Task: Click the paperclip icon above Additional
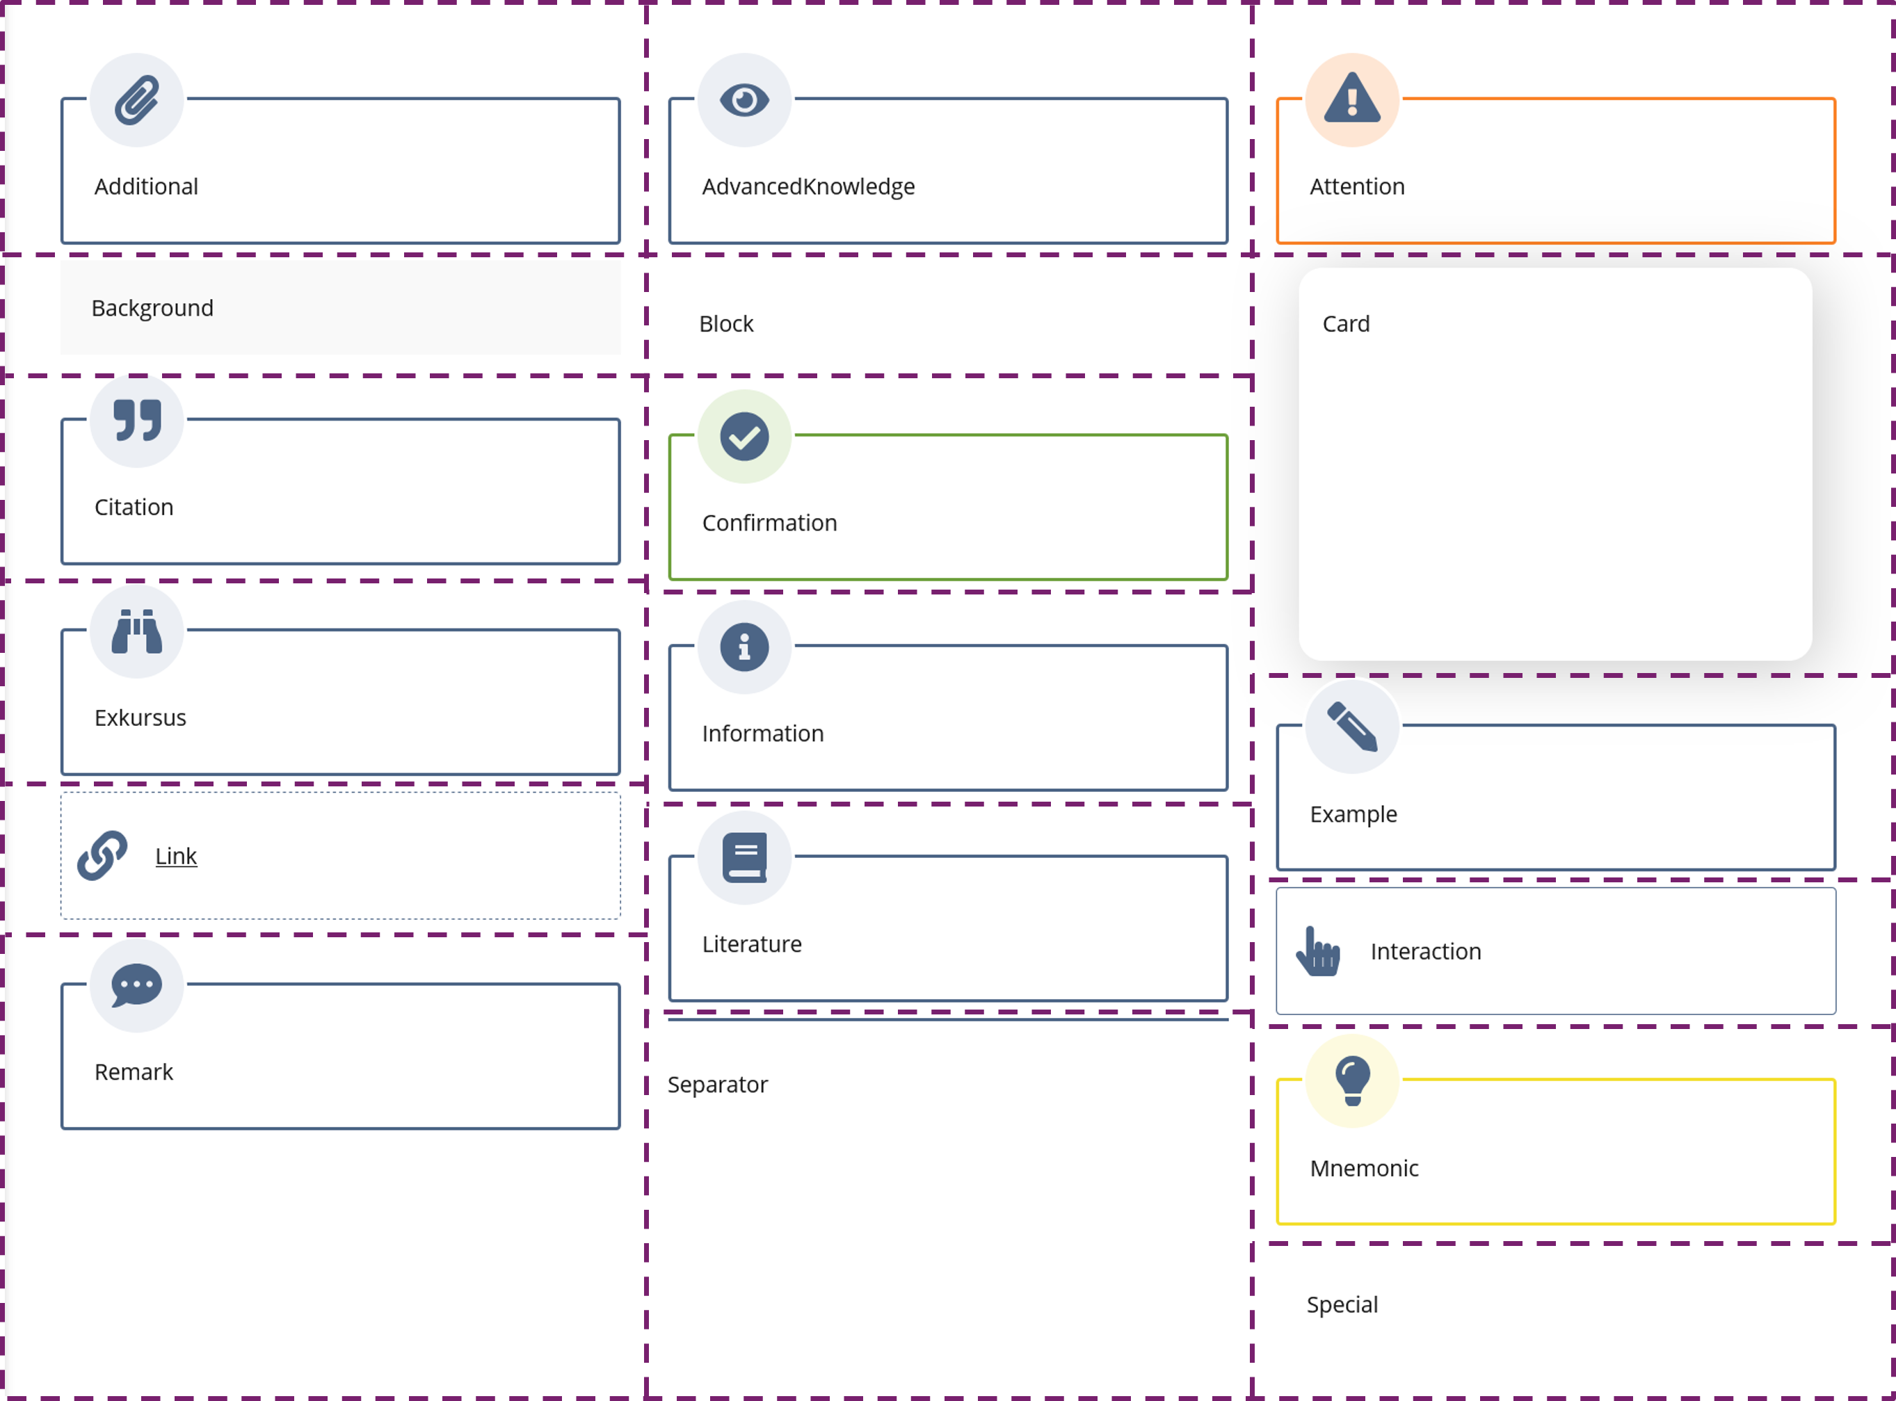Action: click(136, 100)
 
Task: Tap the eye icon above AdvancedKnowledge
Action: click(744, 100)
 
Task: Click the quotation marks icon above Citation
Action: click(136, 421)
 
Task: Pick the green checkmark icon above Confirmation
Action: click(744, 437)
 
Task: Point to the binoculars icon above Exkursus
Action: click(136, 632)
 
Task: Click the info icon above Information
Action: click(744, 647)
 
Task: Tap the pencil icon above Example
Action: click(1351, 727)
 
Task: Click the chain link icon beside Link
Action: click(102, 855)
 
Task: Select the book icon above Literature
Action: click(744, 857)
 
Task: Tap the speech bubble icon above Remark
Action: click(136, 985)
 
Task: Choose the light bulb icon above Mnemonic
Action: click(1351, 1080)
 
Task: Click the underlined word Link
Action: click(175, 856)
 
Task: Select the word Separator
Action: click(717, 1085)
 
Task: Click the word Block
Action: click(725, 324)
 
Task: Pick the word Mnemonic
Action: click(1363, 1169)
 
